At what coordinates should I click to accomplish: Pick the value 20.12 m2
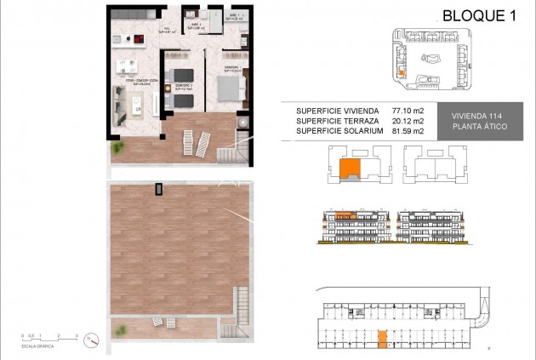(x=408, y=122)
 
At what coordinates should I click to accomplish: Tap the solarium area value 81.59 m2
(x=408, y=132)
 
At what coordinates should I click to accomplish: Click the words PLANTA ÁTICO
(x=479, y=127)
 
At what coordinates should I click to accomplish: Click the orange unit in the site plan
(x=401, y=74)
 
